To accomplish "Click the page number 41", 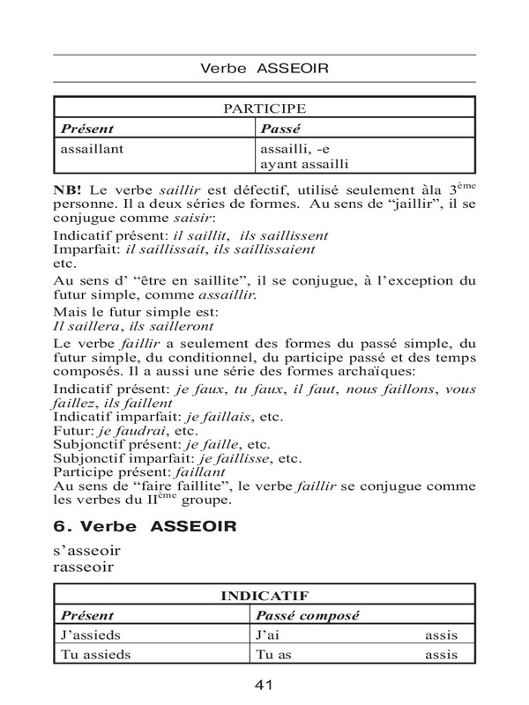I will [264, 685].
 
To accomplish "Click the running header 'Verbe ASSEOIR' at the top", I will [264, 67].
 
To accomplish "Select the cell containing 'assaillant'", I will [93, 148].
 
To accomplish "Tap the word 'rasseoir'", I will [86, 569].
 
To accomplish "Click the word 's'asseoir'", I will [87, 553].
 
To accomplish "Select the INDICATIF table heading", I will [264, 596].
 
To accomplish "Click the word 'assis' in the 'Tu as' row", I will [441, 655].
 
